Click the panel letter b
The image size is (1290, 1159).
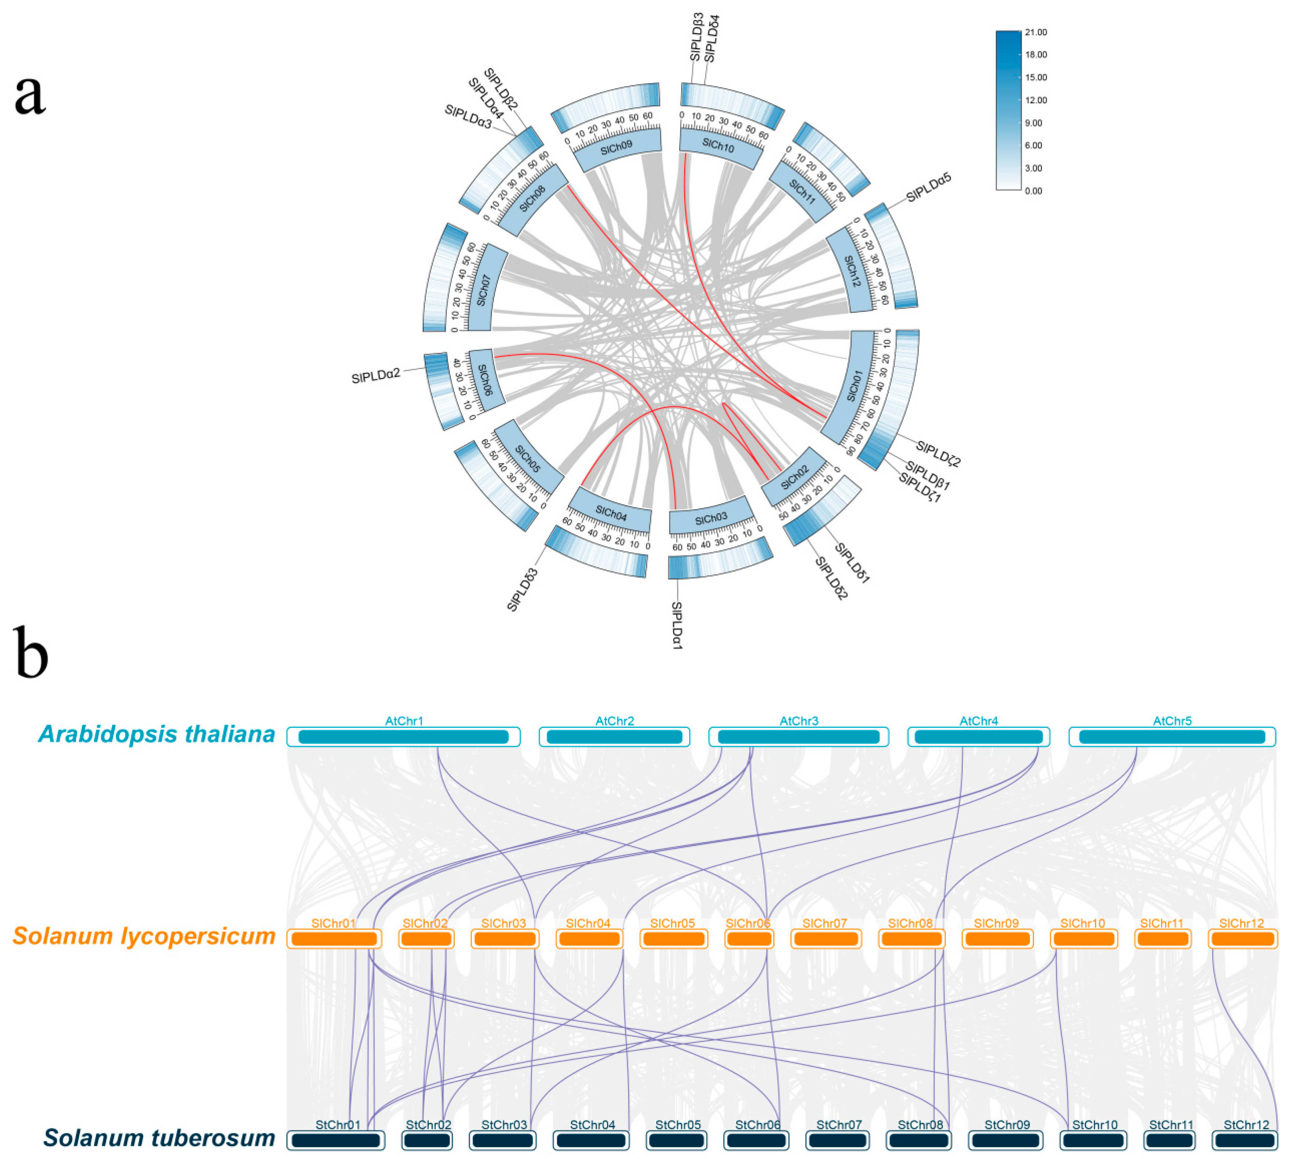[30, 653]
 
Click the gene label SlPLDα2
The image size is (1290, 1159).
[376, 376]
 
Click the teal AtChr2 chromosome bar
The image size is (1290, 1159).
[614, 737]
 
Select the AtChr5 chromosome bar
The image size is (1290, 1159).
[1172, 737]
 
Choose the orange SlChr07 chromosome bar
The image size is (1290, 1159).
[826, 939]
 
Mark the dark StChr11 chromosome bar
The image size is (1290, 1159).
[1169, 1140]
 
